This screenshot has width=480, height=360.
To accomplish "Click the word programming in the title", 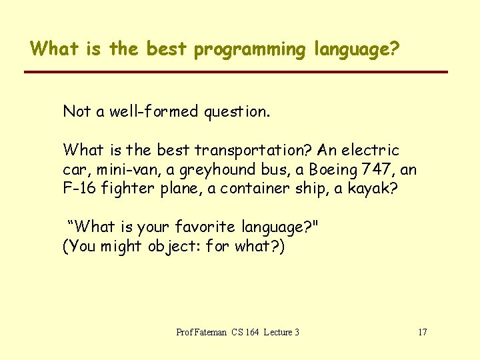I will tap(248, 50).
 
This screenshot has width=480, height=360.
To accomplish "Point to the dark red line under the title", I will tap(236, 72).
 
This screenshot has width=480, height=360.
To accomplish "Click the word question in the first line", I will tap(237, 112).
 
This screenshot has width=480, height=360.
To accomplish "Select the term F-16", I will tap(78, 188).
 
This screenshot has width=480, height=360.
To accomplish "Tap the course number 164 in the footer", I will tap(253, 332).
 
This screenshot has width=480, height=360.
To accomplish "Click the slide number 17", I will tap(422, 332).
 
